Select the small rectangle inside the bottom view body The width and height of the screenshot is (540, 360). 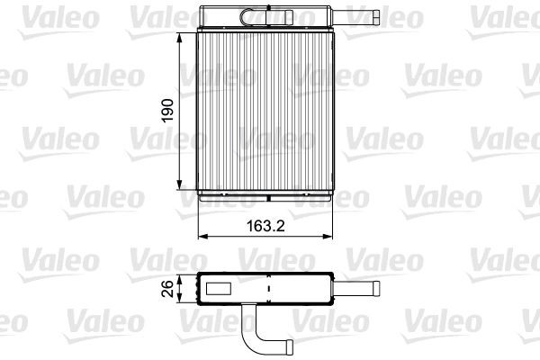coord(220,290)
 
